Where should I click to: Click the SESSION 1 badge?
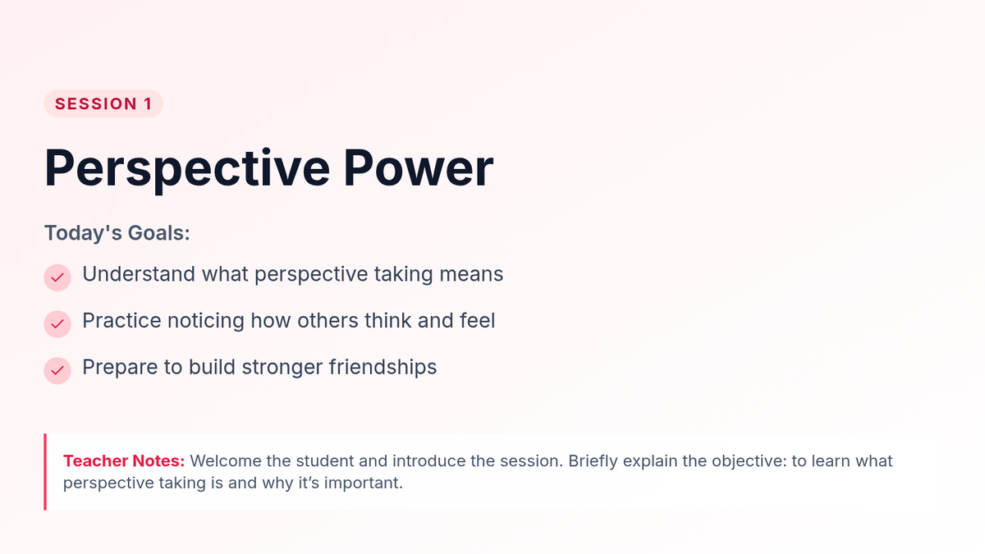[103, 103]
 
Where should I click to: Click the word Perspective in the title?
[187, 169]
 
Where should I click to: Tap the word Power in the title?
[418, 168]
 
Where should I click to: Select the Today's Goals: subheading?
[117, 232]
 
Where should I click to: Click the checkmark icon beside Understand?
[57, 277]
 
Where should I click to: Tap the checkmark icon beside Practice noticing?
[57, 324]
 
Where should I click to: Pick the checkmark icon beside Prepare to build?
[57, 371]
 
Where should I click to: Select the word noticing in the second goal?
[206, 321]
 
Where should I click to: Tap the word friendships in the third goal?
[383, 367]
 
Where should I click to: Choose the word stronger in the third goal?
[282, 368]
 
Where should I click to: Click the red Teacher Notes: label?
[124, 460]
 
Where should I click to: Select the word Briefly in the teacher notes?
[593, 461]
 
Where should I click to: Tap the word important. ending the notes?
[363, 483]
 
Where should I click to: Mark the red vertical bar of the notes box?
[45, 472]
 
